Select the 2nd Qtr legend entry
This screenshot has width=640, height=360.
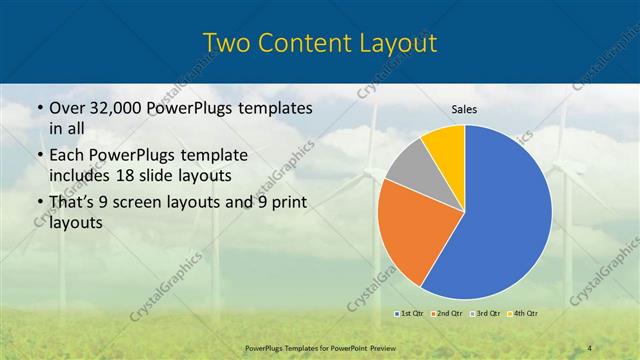point(448,314)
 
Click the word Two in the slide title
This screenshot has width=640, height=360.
point(227,43)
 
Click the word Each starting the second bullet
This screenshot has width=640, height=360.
point(66,157)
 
